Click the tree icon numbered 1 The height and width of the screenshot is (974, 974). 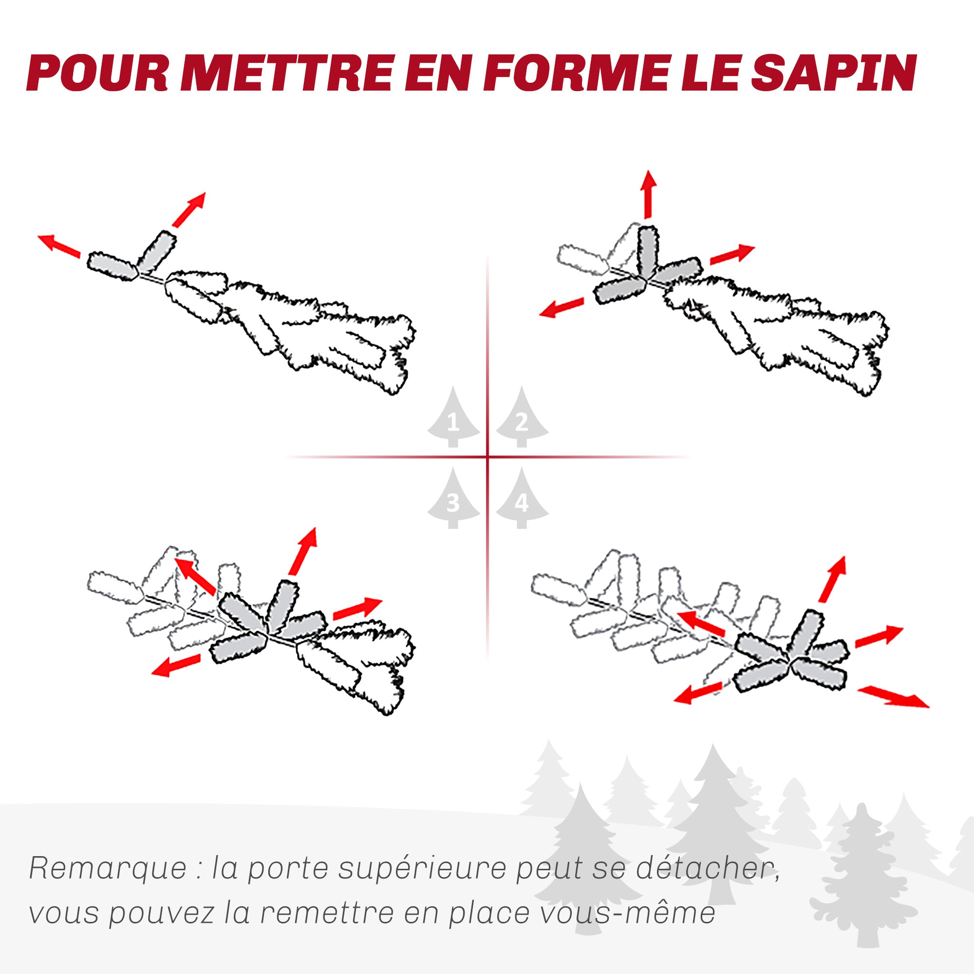point(453,417)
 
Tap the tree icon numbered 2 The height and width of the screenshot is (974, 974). point(522,417)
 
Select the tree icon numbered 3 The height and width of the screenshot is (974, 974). point(453,498)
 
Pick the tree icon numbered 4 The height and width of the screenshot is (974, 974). point(522,498)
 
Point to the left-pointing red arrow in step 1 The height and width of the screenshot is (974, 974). point(59,245)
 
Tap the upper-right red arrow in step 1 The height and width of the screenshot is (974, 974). point(188,209)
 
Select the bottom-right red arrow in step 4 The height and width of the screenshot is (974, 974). point(893,697)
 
